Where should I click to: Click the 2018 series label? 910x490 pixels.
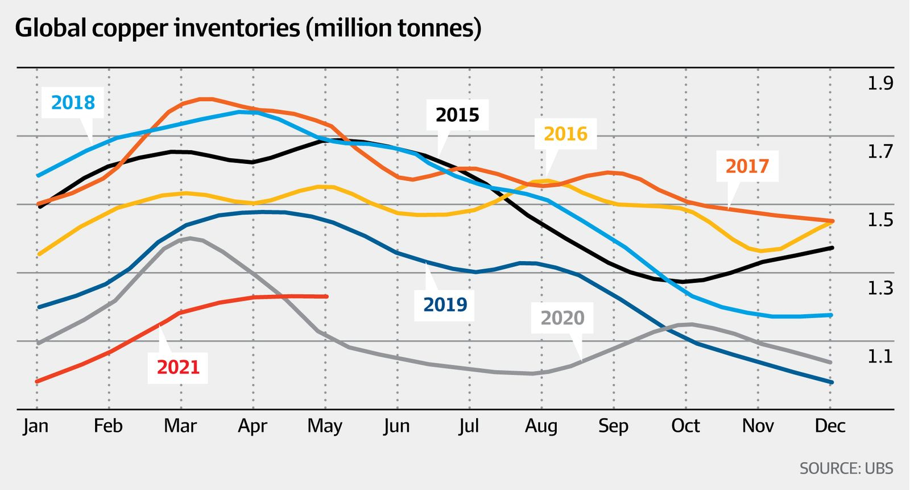(73, 102)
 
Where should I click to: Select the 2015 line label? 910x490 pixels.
(457, 115)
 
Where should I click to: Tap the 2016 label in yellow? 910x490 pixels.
(565, 134)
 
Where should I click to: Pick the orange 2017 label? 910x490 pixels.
(747, 166)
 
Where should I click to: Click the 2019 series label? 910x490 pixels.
(445, 304)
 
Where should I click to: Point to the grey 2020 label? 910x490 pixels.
(562, 318)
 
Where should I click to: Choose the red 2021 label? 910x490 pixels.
(178, 367)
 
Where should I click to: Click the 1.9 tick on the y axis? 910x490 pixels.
(880, 84)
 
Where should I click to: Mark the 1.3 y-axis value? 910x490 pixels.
(880, 289)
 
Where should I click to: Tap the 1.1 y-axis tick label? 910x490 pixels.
(880, 357)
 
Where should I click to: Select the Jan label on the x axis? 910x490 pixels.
(36, 426)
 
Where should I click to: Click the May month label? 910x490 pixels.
(325, 426)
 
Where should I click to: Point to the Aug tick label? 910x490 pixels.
(541, 426)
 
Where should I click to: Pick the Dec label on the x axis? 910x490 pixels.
(830, 426)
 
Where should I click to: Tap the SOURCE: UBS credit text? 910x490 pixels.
(846, 468)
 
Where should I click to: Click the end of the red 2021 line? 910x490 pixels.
(327, 296)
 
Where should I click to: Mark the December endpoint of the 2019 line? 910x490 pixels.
(831, 382)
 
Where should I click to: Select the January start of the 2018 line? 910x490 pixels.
(38, 176)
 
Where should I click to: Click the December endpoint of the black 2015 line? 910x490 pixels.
(832, 248)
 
